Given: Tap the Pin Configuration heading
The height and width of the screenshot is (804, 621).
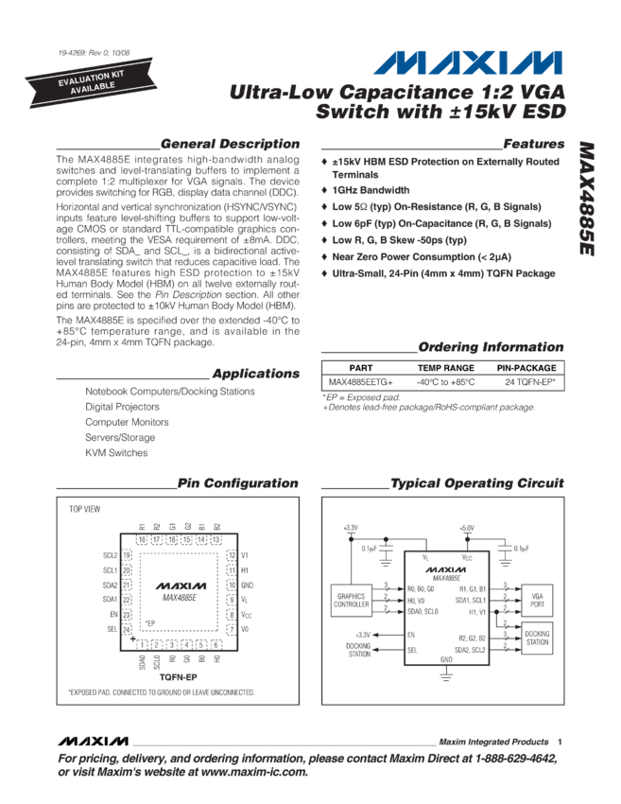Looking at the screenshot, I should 238,483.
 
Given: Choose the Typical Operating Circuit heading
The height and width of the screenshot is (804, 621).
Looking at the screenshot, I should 478,483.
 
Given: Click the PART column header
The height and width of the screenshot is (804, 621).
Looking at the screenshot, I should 361,367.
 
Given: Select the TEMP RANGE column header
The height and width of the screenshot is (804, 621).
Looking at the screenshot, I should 446,367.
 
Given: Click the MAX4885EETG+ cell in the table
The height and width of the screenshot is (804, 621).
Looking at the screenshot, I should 361,381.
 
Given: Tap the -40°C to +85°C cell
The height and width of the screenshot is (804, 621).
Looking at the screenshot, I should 446,381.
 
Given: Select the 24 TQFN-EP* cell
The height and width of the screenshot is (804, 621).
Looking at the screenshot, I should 530,381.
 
